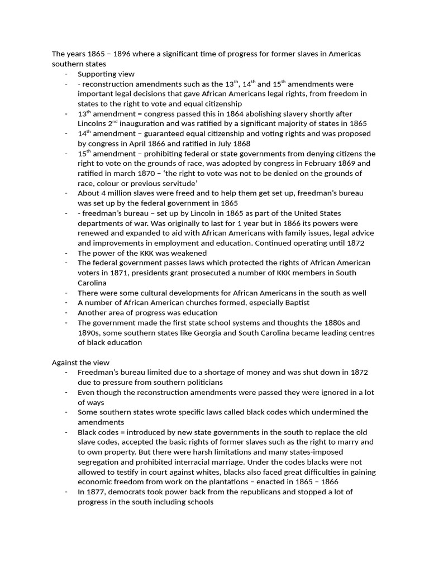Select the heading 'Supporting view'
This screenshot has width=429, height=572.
tap(106, 74)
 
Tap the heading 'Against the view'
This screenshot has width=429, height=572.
tap(80, 363)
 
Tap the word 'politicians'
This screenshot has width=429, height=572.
tap(199, 383)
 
